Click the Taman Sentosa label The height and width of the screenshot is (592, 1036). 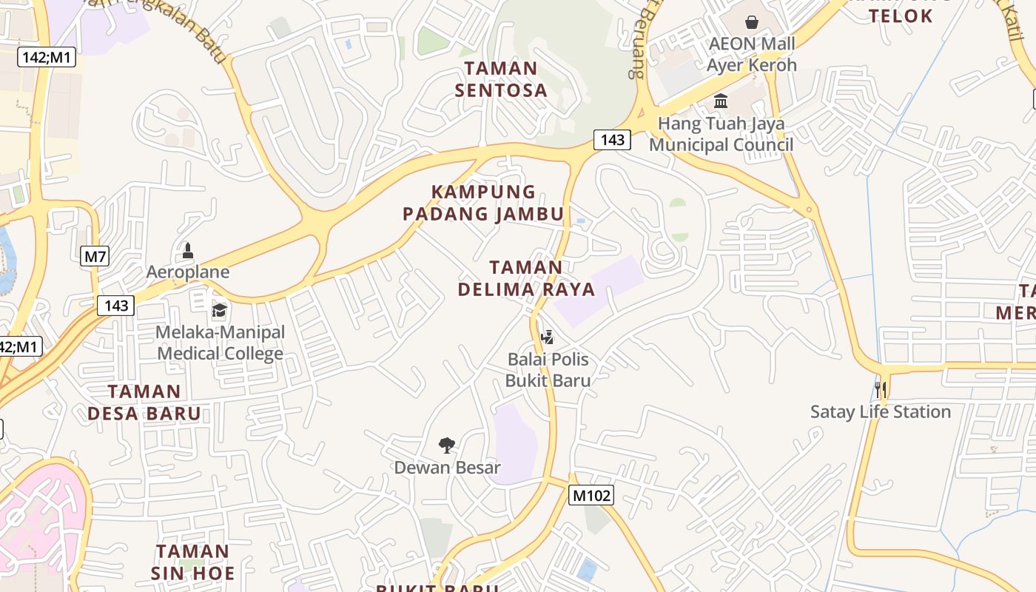(x=501, y=79)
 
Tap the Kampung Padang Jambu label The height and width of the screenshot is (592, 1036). (x=483, y=203)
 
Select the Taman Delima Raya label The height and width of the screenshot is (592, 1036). (x=526, y=277)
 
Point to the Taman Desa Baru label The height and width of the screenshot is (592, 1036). (x=144, y=402)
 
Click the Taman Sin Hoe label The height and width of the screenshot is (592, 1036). (x=193, y=562)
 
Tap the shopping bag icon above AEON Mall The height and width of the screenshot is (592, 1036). (x=752, y=22)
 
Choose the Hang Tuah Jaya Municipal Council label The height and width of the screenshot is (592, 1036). (x=721, y=134)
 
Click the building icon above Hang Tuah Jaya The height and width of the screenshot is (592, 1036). (x=721, y=101)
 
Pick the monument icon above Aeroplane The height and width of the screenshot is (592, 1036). (x=188, y=251)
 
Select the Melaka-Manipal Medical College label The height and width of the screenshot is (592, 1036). (x=220, y=343)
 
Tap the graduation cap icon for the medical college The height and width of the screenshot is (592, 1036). (x=219, y=309)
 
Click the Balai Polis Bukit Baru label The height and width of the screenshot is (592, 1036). (x=548, y=370)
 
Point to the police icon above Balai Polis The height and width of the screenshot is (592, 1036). (x=548, y=337)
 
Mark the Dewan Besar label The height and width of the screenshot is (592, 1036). (x=447, y=468)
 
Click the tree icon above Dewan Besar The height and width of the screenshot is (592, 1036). (x=446, y=445)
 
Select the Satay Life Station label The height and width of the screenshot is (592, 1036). (x=880, y=411)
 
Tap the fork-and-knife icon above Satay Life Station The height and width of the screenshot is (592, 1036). (x=880, y=389)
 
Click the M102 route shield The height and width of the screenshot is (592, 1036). (x=591, y=495)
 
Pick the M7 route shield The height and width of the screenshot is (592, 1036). (x=95, y=257)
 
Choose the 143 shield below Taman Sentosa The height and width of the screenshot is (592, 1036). (x=612, y=139)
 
